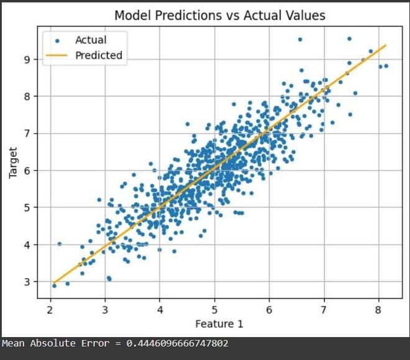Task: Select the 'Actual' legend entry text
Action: coord(91,40)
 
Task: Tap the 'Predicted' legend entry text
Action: coord(99,55)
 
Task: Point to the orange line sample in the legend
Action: coord(57,55)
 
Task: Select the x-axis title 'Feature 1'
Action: coord(219,323)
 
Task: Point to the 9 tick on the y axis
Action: coord(27,60)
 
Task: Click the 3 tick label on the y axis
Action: coord(27,282)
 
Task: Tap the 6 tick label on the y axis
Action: coord(27,171)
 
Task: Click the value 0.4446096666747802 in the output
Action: coord(177,343)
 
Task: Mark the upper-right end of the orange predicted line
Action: coord(386,45)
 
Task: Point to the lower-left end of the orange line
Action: coord(54,282)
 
